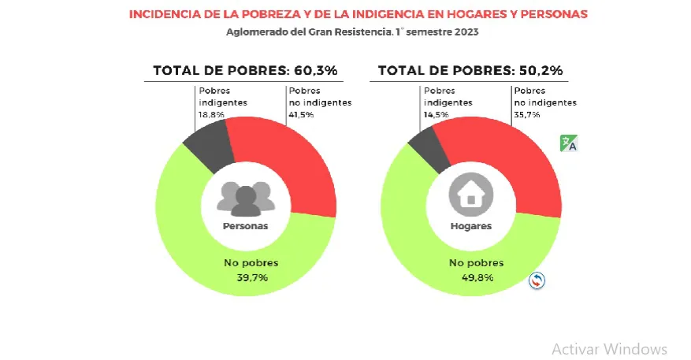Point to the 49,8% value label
click(470, 277)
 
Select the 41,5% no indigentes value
click(302, 115)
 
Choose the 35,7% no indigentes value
click(527, 115)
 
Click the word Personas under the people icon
click(245, 225)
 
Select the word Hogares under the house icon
click(470, 225)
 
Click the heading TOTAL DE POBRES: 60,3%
click(245, 70)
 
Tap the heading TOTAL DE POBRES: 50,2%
click(470, 70)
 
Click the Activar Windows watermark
click(609, 348)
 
